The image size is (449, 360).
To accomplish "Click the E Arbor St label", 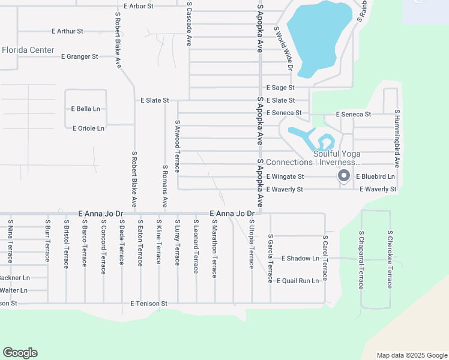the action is [x=139, y=6].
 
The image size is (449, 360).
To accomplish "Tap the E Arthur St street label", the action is [x=67, y=31].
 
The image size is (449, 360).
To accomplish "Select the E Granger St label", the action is [x=80, y=56].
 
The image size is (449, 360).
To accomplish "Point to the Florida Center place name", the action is [x=28, y=50].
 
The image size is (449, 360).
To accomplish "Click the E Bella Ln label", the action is [x=85, y=109].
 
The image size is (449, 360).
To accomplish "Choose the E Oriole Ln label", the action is [x=88, y=128].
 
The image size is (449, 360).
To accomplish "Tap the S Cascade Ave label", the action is [x=189, y=23].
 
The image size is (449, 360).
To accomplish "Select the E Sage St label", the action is [x=280, y=88].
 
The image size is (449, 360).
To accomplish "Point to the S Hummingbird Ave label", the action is [x=397, y=138].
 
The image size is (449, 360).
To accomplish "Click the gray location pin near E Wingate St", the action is [x=343, y=176].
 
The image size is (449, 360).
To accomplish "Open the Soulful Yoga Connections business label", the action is [x=313, y=158].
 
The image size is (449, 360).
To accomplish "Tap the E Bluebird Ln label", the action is [x=375, y=177].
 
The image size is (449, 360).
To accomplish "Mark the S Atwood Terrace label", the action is [x=178, y=146].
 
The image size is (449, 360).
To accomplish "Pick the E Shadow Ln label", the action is [x=300, y=259].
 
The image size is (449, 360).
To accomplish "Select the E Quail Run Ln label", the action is [x=297, y=280].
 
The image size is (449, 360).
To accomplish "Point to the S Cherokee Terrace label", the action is [x=390, y=259].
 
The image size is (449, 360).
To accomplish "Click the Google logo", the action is [x=20, y=353].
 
